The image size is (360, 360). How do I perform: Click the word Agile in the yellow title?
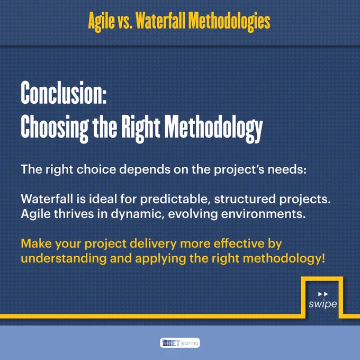click(x=101, y=22)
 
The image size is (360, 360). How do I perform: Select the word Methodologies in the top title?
click(x=229, y=22)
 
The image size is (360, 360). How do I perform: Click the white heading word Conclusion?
click(x=64, y=93)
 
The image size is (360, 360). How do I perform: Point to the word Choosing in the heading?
click(x=55, y=129)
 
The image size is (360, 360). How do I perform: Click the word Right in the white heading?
click(x=140, y=129)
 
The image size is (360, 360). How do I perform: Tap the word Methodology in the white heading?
click(x=213, y=129)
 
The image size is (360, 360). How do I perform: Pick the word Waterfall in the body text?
click(x=47, y=199)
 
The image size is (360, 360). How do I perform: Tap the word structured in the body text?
click(x=245, y=199)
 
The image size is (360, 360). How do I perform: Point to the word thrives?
click(x=74, y=214)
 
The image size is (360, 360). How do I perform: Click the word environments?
click(x=263, y=214)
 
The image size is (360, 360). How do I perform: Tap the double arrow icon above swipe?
click(x=323, y=294)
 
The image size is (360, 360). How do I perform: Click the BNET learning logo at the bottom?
click(x=180, y=343)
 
